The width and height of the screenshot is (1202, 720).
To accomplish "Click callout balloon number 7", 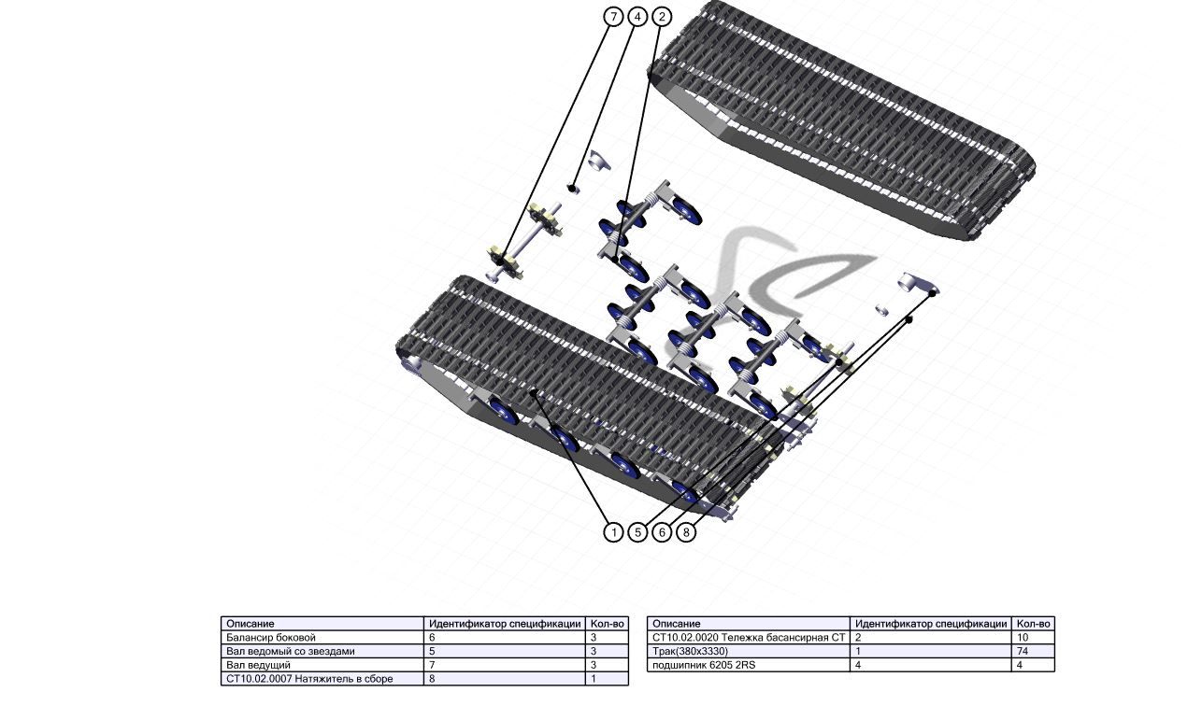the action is click(613, 17).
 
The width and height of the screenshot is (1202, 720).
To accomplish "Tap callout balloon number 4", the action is click(637, 17).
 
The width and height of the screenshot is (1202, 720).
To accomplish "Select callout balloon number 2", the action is click(661, 17).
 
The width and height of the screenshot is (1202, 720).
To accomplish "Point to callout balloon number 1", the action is click(613, 532).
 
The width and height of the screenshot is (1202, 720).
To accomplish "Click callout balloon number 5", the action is click(637, 532).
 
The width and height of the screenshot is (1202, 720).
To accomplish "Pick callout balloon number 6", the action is click(662, 532).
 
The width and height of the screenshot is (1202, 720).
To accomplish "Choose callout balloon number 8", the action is click(686, 532).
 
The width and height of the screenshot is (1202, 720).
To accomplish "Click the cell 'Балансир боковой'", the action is click(322, 638).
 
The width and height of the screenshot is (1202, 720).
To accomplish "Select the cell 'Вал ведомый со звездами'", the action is click(322, 652).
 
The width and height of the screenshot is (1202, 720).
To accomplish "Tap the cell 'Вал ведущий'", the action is click(322, 665).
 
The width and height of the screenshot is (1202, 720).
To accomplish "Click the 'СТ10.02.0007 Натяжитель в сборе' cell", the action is click(322, 679).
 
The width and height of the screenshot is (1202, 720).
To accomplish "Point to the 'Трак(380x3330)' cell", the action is click(749, 652).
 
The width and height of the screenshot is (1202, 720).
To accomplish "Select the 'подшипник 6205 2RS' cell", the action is click(749, 665).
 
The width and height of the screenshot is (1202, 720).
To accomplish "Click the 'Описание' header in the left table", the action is click(250, 624).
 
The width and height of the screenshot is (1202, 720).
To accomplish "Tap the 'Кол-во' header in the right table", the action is click(1033, 624).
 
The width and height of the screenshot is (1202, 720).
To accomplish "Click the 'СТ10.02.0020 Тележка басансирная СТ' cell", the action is click(749, 638).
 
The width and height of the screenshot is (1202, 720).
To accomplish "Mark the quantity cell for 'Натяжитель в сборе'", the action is click(607, 679).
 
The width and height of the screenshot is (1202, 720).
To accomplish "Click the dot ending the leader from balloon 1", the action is click(533, 393).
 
